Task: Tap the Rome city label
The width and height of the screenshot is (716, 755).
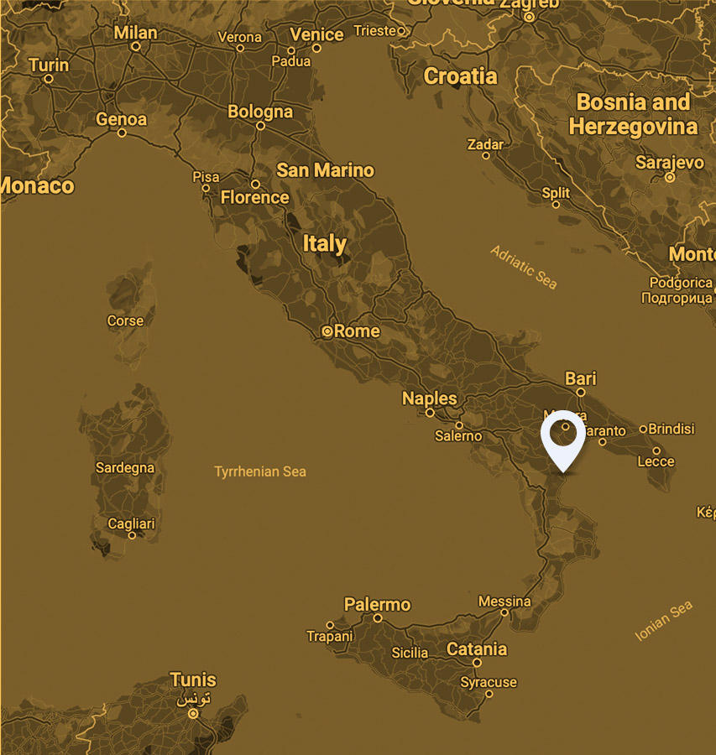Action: click(x=357, y=331)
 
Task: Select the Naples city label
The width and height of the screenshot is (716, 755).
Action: click(x=430, y=398)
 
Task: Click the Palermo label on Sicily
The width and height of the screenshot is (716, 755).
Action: click(x=378, y=605)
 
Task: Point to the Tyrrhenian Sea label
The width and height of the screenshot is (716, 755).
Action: click(x=260, y=471)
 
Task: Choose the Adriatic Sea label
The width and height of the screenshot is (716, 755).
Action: click(x=524, y=267)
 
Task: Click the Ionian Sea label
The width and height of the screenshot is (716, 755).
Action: click(x=664, y=621)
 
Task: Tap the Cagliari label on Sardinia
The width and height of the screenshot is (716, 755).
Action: click(x=131, y=523)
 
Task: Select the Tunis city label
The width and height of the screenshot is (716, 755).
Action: click(x=193, y=679)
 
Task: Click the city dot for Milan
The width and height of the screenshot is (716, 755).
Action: click(x=136, y=47)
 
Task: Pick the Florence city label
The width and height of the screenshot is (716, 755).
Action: click(x=254, y=198)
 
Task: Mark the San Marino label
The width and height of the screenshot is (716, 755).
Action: click(x=326, y=170)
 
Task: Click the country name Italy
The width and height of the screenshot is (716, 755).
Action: click(x=325, y=244)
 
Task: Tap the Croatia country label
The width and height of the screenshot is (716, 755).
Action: click(x=460, y=76)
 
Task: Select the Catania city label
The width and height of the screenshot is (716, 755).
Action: click(x=477, y=649)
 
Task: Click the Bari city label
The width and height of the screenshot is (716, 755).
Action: click(x=581, y=378)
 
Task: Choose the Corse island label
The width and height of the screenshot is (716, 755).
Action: click(x=125, y=320)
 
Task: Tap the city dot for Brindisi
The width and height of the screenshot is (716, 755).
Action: click(x=644, y=429)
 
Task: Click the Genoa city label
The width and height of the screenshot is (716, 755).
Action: click(x=122, y=119)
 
